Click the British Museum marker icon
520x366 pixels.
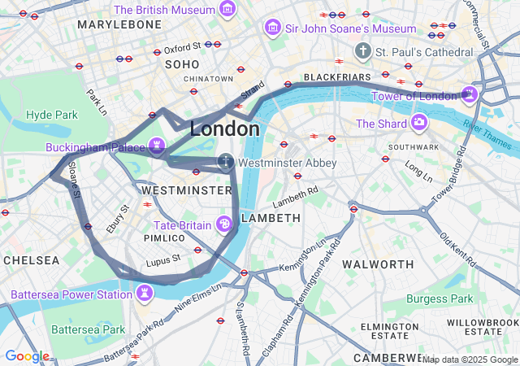click(228, 11)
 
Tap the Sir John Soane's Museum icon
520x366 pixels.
click(273, 28)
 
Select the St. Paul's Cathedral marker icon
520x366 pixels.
click(362, 51)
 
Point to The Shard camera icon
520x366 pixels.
click(419, 123)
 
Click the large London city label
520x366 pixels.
click(225, 129)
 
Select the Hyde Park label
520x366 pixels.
click(51, 115)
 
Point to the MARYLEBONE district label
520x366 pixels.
click(119, 25)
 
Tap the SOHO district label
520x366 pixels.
click(182, 63)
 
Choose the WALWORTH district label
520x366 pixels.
click(378, 264)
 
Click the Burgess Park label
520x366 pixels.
click(439, 298)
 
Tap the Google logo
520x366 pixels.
click(27, 355)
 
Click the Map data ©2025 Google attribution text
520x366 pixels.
click(469, 359)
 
